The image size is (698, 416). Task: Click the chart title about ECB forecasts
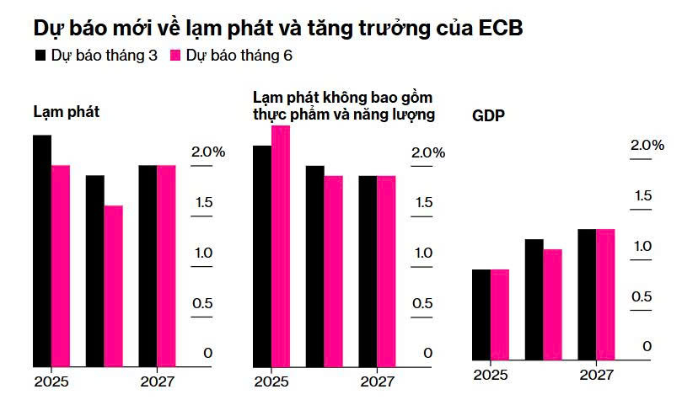tap(278, 27)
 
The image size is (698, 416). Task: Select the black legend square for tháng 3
tap(40, 56)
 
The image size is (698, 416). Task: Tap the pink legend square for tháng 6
tap(175, 56)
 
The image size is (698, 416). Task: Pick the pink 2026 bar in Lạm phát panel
tap(113, 286)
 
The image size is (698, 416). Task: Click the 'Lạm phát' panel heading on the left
tap(67, 111)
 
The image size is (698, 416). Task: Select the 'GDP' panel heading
tap(488, 116)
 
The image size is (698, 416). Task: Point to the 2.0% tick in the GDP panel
tap(647, 145)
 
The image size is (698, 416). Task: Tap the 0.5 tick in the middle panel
tap(421, 304)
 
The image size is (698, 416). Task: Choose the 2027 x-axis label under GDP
tap(596, 375)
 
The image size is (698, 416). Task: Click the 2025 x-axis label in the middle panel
tap(271, 381)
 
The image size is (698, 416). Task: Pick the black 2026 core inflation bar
tap(314, 266)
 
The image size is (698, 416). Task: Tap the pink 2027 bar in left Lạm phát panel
tap(166, 266)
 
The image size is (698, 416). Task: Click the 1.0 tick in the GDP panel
tap(642, 246)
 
